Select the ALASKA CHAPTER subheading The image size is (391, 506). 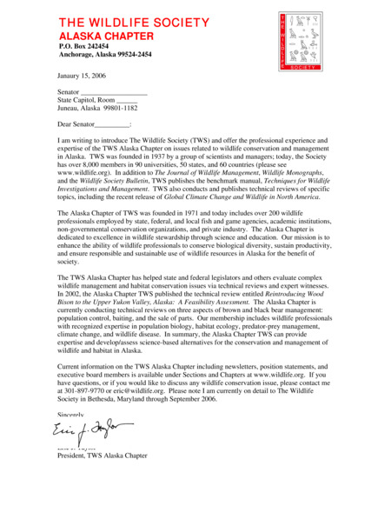click(105, 37)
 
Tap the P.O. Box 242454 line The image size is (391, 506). click(83, 46)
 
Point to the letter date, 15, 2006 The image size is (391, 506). click(83, 76)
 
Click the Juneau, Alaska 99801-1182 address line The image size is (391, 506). click(97, 109)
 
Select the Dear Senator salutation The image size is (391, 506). click(94, 125)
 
